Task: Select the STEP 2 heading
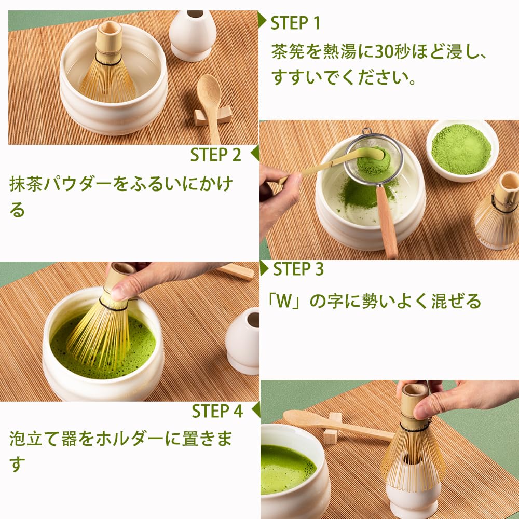point(215,155)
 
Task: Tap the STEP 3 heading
point(298,269)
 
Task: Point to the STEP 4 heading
point(217,411)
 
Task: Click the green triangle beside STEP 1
point(262,21)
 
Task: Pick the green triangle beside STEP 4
point(255,409)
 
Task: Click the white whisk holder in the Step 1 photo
point(193,34)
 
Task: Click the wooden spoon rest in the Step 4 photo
point(332,428)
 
